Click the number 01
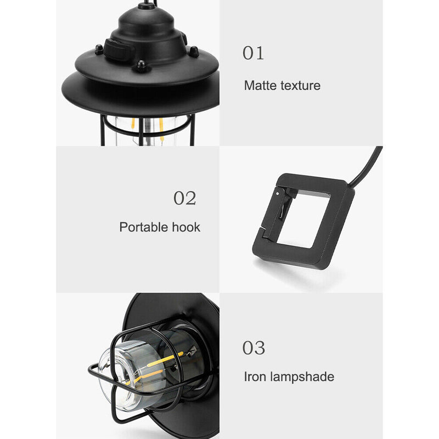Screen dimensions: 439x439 point(253,53)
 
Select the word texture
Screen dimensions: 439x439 point(300,86)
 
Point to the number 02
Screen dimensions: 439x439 point(185,198)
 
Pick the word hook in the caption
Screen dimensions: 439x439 point(185,227)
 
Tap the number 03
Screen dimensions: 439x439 point(254,348)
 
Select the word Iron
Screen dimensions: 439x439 point(255,376)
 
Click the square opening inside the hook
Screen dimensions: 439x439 point(302,219)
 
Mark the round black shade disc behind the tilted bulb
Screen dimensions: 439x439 point(165,307)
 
